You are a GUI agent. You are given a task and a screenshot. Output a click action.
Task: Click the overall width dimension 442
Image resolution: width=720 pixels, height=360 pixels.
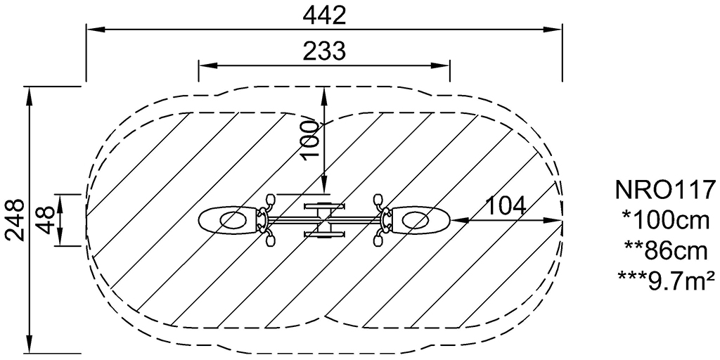click(x=324, y=16)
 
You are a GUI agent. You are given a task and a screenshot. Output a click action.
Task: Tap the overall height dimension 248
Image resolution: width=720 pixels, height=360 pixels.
click(x=14, y=220)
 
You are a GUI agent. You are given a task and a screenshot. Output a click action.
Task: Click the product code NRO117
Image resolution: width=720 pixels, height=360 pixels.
click(x=665, y=190)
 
